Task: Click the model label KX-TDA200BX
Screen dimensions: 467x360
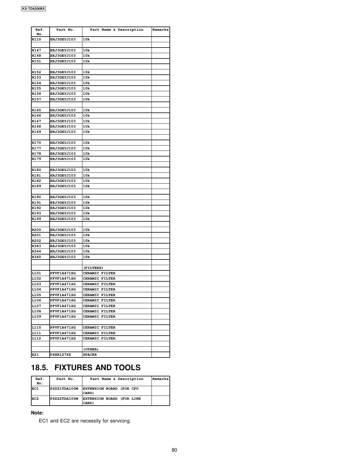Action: [x=33, y=9]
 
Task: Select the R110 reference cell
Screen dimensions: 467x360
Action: [x=37, y=40]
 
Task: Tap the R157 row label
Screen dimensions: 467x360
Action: [x=37, y=99]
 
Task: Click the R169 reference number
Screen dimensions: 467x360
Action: [x=37, y=132]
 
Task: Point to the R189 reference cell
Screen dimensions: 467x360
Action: [x=37, y=186]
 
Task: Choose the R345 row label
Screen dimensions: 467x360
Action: [x=37, y=257]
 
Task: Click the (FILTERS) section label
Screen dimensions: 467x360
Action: [x=93, y=268]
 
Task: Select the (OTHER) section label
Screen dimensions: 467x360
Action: [x=91, y=350]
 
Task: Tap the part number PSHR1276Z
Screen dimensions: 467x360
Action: [x=61, y=355]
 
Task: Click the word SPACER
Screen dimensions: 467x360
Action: [x=90, y=355]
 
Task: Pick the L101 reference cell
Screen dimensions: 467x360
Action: [x=37, y=273]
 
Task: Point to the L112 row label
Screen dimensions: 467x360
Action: [x=37, y=339]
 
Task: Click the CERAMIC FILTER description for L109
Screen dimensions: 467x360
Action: [x=99, y=317]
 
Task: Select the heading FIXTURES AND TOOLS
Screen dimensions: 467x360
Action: [x=97, y=368]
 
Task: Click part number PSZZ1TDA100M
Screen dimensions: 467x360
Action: [x=64, y=389]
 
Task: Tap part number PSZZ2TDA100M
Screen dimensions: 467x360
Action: [x=64, y=399]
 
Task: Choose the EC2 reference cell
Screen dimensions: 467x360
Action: [x=35, y=399]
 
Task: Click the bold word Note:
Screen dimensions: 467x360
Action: [x=37, y=413]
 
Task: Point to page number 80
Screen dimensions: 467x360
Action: [x=175, y=450]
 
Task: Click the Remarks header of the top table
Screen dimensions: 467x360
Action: [x=160, y=30]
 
